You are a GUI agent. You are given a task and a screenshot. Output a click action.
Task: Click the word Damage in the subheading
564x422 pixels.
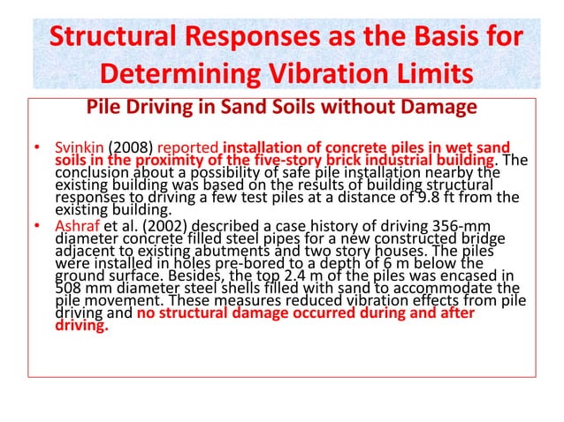[438, 109]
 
